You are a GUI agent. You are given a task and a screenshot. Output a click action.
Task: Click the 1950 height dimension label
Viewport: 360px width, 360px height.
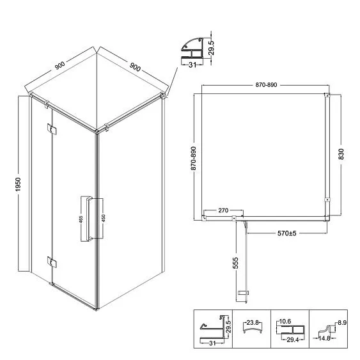[x=18, y=184]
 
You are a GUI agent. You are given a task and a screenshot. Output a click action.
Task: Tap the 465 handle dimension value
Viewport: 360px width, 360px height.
[x=81, y=219]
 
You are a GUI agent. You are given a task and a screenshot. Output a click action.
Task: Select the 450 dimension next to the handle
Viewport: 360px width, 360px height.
[x=103, y=218]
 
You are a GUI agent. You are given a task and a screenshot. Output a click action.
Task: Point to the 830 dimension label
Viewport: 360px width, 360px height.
[x=341, y=154]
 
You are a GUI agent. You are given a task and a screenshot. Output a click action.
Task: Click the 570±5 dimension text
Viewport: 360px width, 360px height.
[x=286, y=233]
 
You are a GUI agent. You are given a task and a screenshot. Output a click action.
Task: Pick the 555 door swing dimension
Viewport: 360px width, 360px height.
[x=235, y=263]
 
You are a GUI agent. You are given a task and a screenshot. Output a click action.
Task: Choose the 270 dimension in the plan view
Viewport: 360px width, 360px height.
[x=223, y=210]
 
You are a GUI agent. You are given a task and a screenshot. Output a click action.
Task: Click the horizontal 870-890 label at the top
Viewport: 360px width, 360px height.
[x=267, y=84]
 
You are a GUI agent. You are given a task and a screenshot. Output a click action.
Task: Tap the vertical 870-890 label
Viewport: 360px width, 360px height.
[x=194, y=159]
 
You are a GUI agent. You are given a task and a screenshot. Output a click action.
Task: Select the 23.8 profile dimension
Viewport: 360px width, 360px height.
[x=253, y=322]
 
